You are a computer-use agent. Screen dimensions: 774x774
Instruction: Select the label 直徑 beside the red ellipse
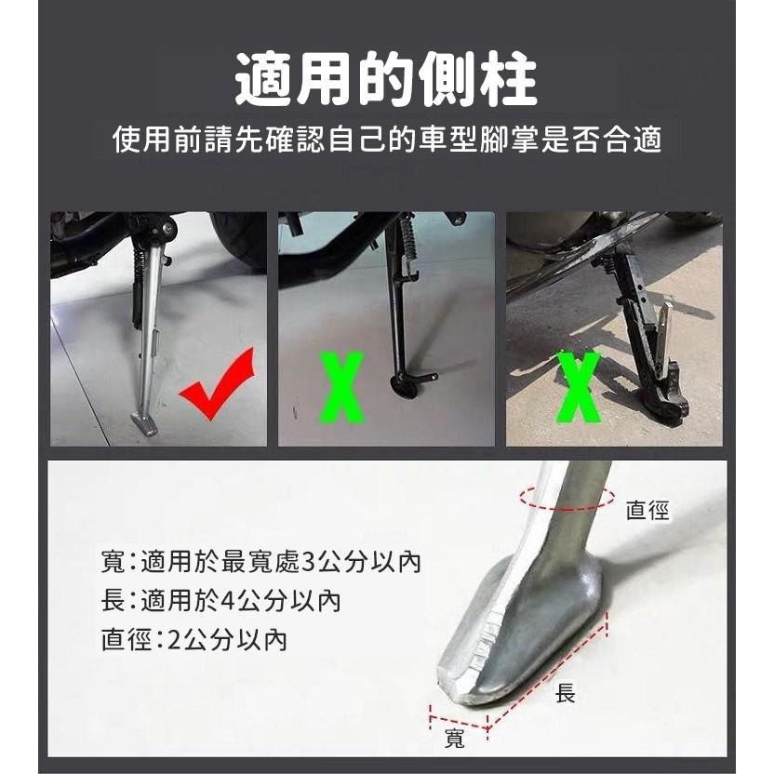(x=648, y=510)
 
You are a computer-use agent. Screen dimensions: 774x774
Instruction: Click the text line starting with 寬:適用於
(x=261, y=562)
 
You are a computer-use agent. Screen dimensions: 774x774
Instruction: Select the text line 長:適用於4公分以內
(x=220, y=601)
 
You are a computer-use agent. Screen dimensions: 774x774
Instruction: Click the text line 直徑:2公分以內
(x=193, y=640)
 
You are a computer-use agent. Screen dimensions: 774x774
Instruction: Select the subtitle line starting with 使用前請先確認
(x=386, y=140)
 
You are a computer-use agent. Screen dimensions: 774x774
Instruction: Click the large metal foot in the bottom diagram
(x=521, y=633)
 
